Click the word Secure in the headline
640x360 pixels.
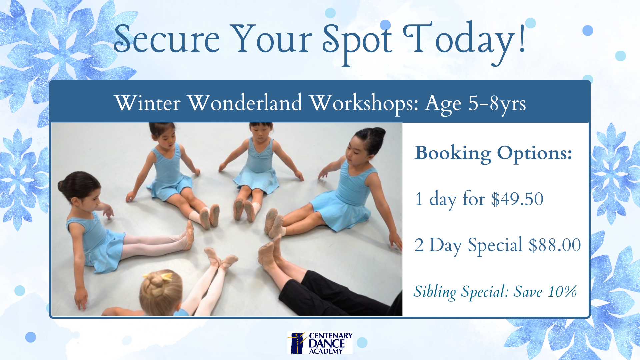[x=167, y=39]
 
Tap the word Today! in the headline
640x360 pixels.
[x=465, y=42]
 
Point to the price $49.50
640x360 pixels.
[x=517, y=199]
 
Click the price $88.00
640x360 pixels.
[x=555, y=245]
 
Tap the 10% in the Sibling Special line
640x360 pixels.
[x=562, y=292]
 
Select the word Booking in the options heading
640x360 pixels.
[x=453, y=154]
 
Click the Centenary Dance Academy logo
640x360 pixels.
[x=320, y=343]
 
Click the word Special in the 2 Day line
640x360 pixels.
[x=495, y=246]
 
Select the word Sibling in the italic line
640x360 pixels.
[x=435, y=292]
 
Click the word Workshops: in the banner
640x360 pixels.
[x=364, y=103]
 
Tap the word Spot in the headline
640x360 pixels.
[x=357, y=43]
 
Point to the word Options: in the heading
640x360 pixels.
[x=535, y=154]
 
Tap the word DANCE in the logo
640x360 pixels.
[x=327, y=344]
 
